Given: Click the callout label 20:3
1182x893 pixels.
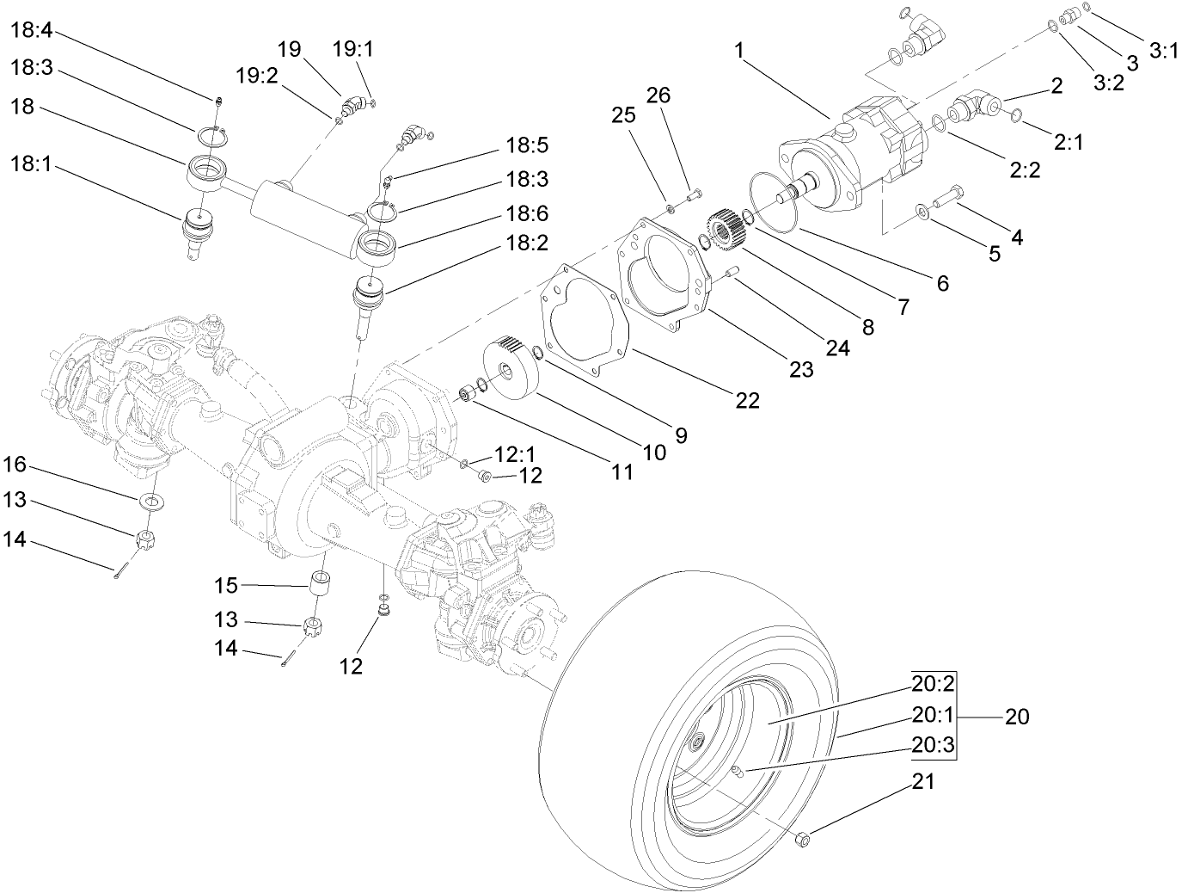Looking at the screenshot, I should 934,746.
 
